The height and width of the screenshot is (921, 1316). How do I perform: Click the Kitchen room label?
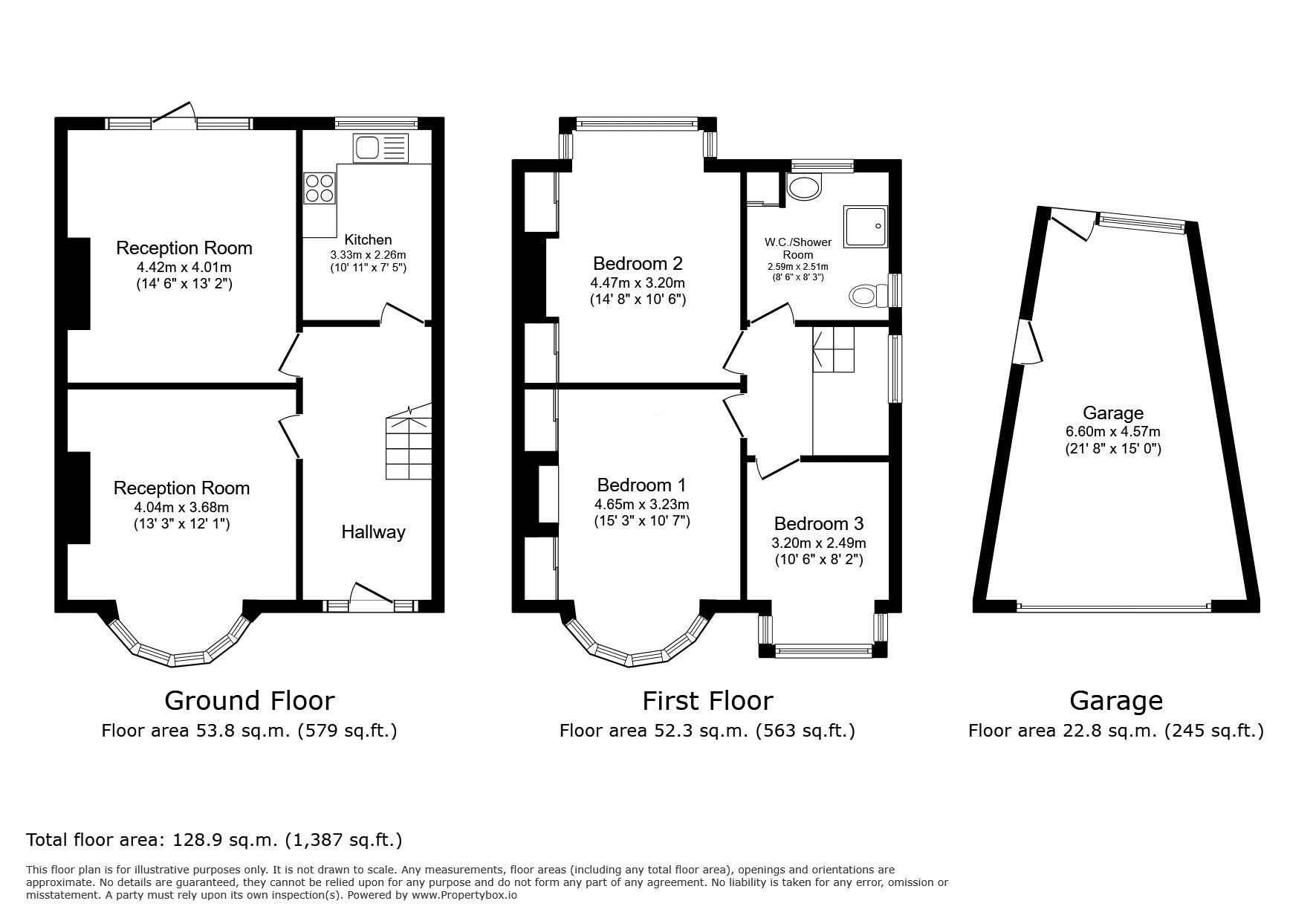coord(368,239)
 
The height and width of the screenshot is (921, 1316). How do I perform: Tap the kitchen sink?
coord(381,148)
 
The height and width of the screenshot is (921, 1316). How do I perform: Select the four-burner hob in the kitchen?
coord(320,188)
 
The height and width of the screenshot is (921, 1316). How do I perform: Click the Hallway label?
coord(373,531)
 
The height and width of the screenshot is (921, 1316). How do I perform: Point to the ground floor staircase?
coord(408,442)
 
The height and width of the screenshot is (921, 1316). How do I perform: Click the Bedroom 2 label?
coord(638,263)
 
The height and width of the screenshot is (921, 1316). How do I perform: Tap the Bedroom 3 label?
coord(818,523)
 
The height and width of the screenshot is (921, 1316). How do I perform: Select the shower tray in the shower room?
coord(866,227)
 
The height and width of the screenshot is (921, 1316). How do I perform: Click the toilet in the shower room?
coord(867,296)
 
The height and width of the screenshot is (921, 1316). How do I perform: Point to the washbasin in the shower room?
coord(803,188)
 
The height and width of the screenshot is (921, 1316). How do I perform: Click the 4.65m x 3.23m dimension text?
coord(642,504)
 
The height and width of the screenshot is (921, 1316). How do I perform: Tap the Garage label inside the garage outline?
coord(1112,413)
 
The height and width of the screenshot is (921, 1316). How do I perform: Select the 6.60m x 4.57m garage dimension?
coord(1112,431)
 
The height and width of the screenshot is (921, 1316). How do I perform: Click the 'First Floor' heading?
coord(707,700)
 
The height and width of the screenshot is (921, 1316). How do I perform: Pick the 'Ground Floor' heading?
coord(250,700)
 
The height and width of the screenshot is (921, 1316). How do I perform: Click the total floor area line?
coord(214,840)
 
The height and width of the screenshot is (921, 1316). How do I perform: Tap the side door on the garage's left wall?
coord(1028,342)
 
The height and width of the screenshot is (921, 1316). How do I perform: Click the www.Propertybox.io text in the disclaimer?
coord(464,896)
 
